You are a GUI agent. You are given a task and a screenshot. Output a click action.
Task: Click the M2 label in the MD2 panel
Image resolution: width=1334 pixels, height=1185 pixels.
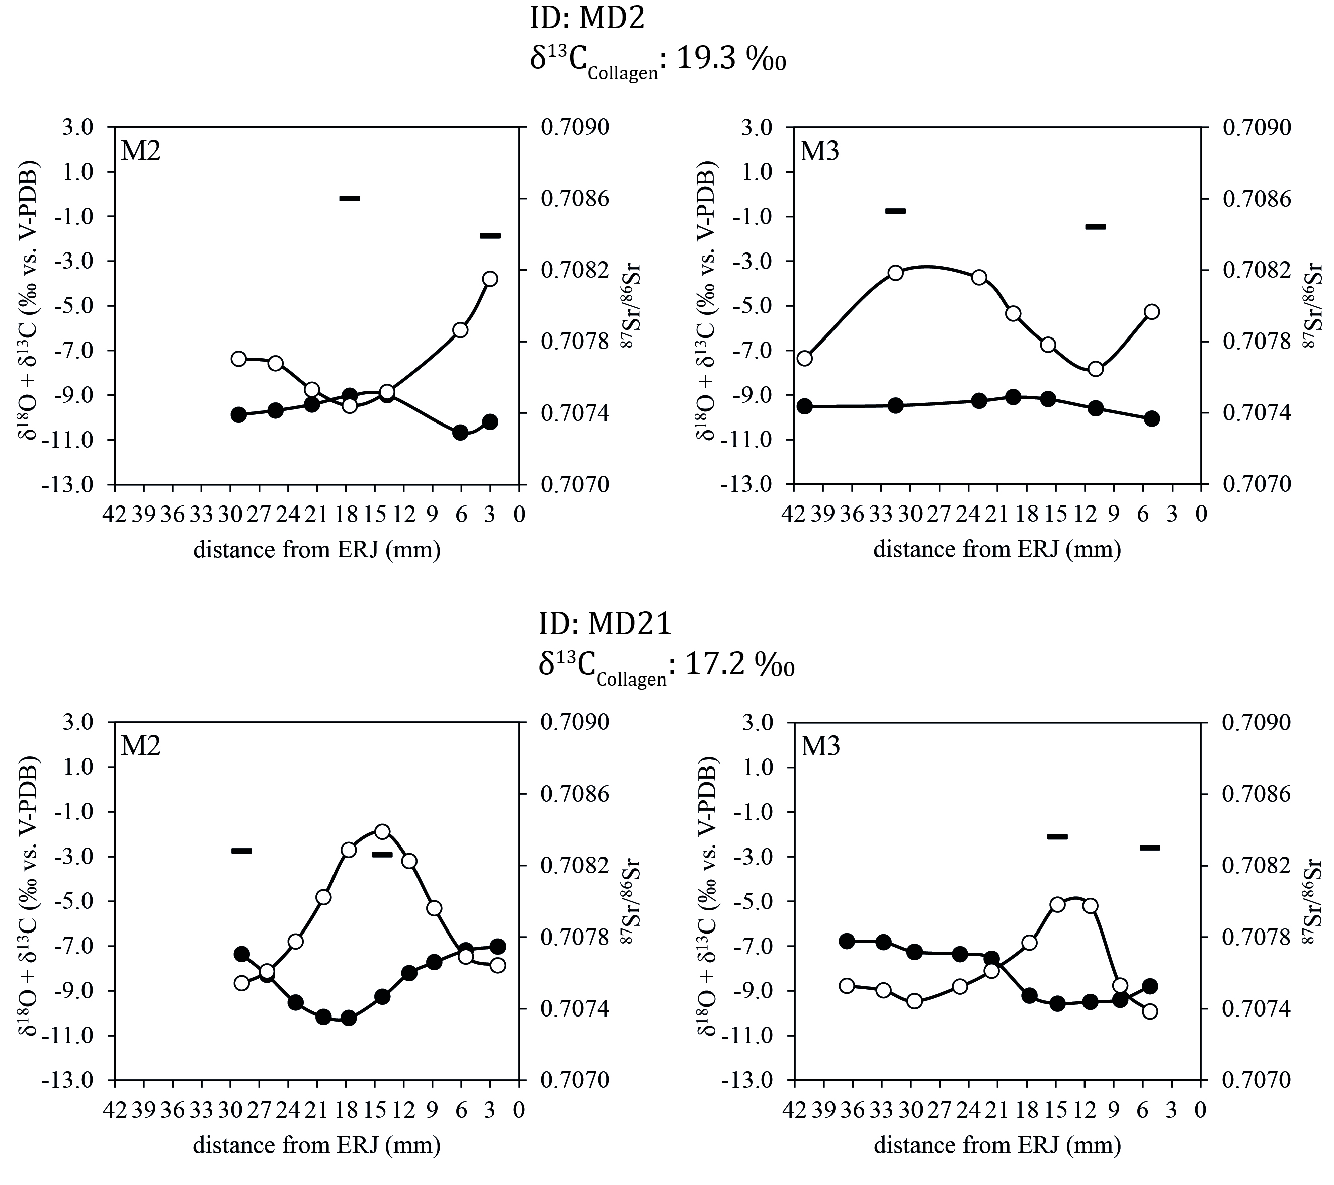click(x=141, y=151)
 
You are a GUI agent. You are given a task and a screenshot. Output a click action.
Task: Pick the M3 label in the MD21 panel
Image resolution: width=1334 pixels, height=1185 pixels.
click(x=820, y=746)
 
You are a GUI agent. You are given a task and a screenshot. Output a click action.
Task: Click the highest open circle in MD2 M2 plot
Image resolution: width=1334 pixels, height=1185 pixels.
click(x=491, y=279)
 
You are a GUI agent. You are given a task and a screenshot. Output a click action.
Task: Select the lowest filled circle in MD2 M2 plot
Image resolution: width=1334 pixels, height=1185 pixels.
click(x=460, y=432)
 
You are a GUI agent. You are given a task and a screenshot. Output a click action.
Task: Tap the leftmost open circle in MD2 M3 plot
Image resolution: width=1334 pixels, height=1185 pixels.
click(x=805, y=358)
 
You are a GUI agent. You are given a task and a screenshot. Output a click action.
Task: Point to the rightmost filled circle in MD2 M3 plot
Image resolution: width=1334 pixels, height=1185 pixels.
click(x=1152, y=419)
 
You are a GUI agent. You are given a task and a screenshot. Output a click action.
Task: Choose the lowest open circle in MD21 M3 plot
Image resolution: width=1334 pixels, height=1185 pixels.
click(x=1150, y=1011)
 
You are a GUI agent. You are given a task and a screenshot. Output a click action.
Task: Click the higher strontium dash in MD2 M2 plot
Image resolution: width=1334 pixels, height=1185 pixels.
click(x=350, y=198)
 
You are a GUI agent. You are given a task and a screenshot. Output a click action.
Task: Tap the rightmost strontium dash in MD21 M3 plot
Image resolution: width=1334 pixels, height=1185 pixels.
click(x=1150, y=848)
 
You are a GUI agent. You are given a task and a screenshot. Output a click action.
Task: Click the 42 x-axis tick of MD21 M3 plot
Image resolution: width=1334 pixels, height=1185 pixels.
click(x=794, y=1110)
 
